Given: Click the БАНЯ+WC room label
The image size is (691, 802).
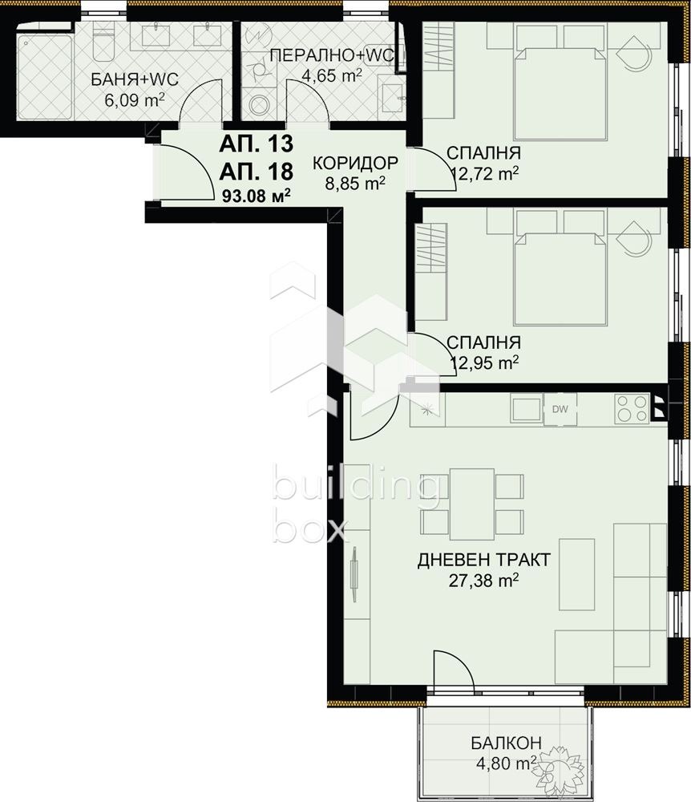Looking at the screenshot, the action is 135,79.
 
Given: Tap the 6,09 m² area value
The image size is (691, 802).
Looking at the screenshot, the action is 135,99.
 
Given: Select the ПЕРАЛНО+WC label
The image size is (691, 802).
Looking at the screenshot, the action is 332,55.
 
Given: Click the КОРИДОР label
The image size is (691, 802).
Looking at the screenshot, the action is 355,163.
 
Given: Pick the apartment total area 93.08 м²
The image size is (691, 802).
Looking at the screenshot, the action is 257,195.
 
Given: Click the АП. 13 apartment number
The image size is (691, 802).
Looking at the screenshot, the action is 256,144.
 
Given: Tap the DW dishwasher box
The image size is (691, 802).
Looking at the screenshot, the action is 560,409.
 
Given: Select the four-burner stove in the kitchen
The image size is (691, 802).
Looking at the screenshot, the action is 632,409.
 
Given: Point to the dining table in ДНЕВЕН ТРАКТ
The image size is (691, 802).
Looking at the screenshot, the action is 471,504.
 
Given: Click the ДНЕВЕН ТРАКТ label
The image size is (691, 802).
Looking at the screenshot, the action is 484,560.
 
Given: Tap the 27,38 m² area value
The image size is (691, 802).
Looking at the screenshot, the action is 484,581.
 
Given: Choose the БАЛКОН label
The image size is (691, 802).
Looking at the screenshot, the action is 506,742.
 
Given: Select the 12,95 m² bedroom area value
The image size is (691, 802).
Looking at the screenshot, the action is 484,363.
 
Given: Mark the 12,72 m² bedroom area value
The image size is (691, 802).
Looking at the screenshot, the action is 486,174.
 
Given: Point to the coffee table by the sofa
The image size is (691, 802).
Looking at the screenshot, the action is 577,574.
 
